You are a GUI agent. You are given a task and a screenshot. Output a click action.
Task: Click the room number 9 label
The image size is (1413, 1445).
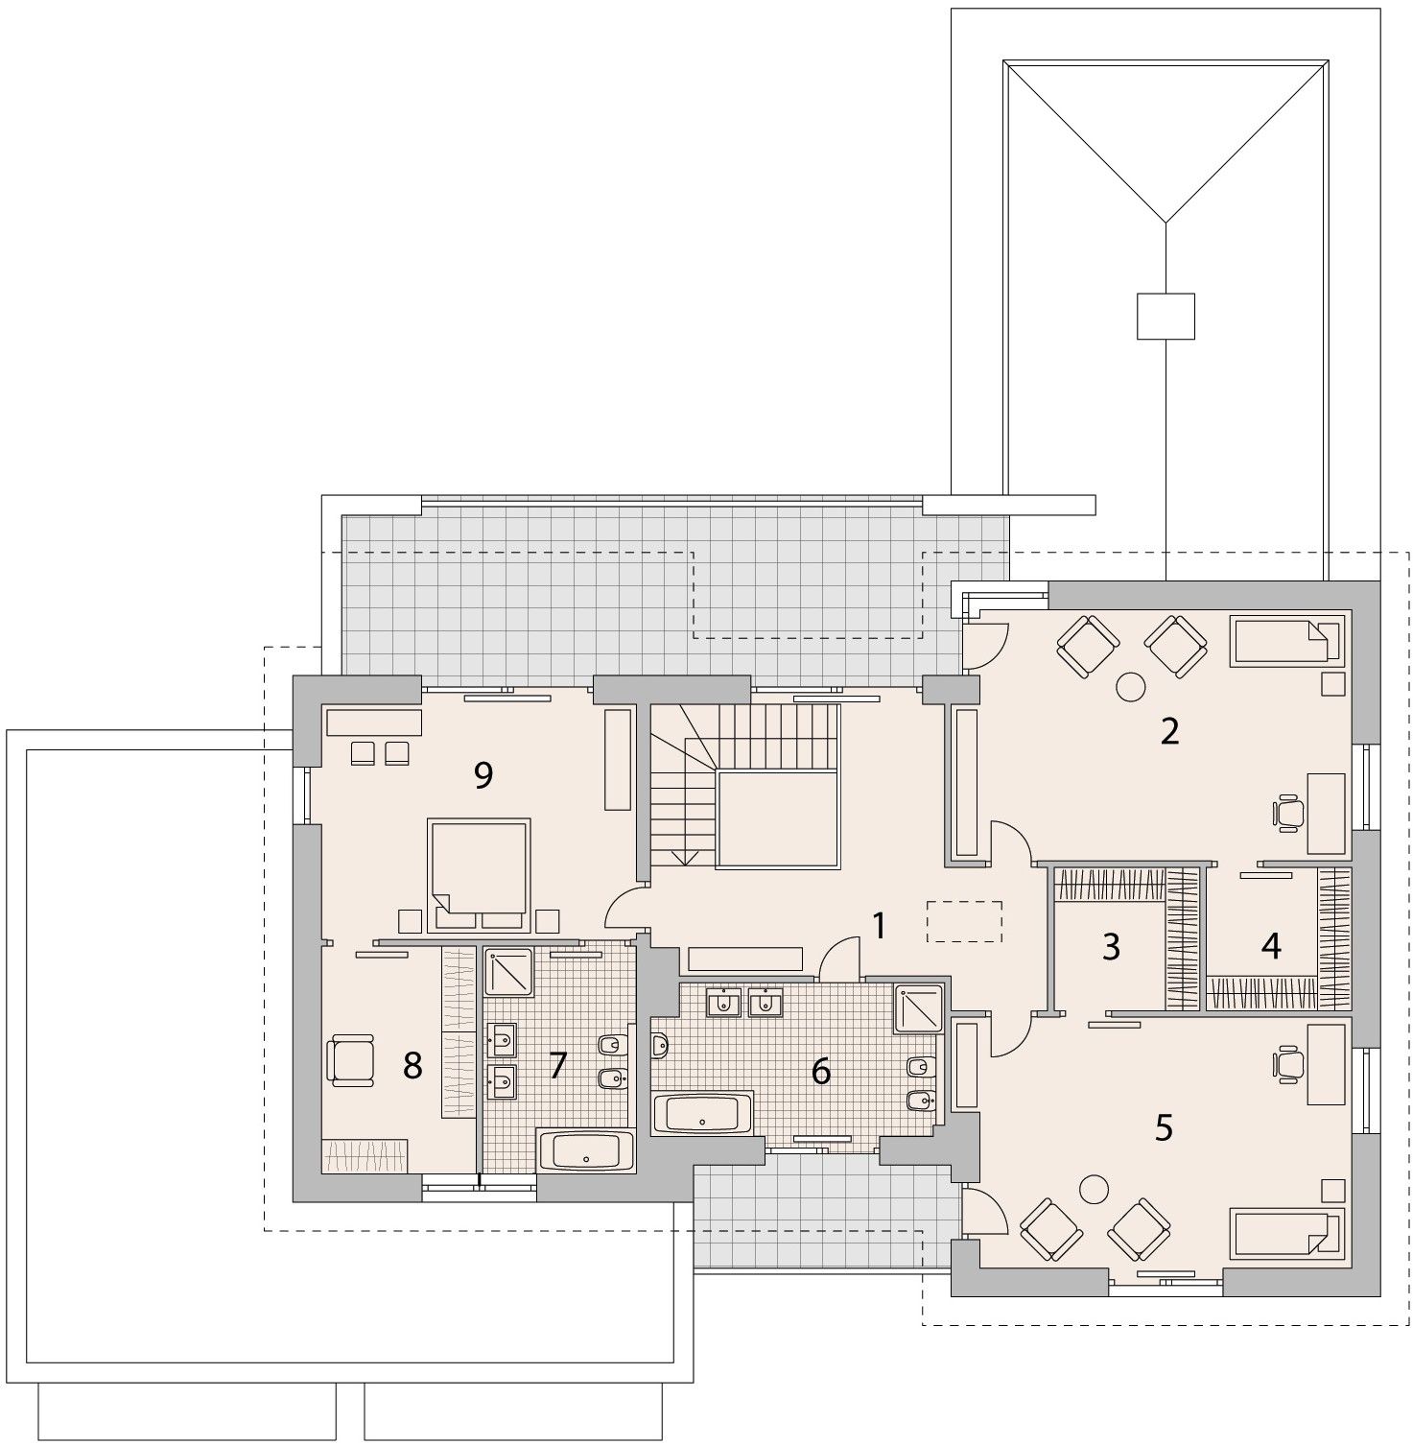483,774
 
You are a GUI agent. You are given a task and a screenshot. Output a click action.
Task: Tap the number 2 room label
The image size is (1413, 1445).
1168,731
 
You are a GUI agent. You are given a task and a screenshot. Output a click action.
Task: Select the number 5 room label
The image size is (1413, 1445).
1164,1127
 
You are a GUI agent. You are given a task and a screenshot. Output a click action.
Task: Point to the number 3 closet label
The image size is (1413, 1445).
1111,947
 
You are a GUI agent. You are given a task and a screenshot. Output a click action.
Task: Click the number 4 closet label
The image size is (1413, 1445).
1271,947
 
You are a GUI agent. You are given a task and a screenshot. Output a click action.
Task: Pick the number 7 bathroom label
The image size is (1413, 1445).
558,1064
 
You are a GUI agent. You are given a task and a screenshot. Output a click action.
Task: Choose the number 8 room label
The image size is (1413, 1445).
412,1064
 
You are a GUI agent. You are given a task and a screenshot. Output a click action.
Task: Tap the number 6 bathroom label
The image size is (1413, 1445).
820,1071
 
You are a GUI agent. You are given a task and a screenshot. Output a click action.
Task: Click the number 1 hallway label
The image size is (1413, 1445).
878,926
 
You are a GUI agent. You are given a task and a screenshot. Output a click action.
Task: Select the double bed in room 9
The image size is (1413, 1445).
480,873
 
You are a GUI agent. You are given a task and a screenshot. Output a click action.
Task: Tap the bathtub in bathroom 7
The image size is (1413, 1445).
586,1150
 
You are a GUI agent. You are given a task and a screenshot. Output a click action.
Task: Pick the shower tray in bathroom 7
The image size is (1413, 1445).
509,971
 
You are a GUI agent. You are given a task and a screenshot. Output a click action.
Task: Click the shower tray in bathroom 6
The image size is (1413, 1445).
918,1008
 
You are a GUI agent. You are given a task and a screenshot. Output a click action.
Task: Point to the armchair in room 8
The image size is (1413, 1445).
350,1059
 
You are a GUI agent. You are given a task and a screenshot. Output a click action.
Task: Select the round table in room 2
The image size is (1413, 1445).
1130,686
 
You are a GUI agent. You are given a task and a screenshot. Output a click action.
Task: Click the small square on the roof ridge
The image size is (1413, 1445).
1166,316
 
